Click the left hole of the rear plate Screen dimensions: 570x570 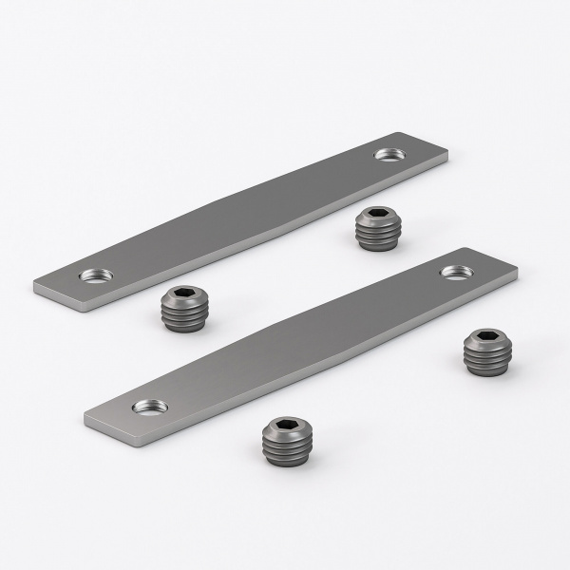coord(96,275)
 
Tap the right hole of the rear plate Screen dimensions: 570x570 coord(388,154)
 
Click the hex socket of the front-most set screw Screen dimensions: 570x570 coord(288,424)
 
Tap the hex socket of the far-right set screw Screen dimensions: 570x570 coord(487,336)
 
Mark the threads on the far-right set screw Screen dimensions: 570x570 coord(487,359)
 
